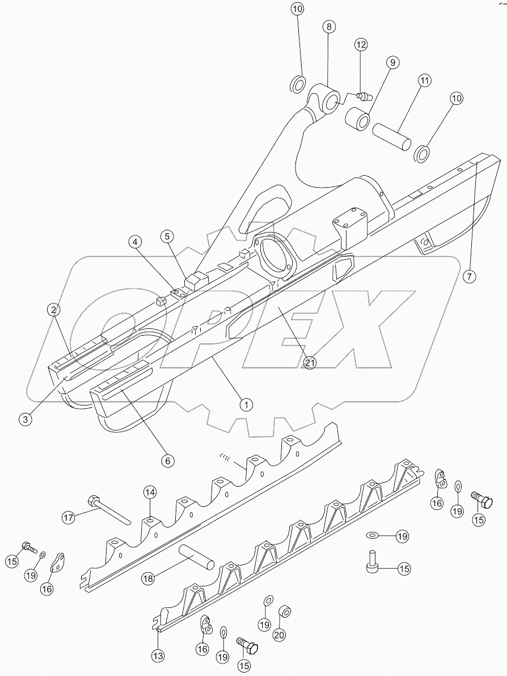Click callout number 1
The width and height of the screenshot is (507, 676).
pos(246,404)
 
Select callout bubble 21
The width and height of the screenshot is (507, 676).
pos(310,362)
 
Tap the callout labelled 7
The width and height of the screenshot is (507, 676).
pos(468,277)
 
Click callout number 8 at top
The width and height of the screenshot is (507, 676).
pos(329,27)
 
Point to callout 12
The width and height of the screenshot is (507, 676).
pos(361,44)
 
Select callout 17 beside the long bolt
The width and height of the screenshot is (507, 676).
pos(69,517)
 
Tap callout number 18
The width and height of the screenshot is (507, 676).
pos(147,578)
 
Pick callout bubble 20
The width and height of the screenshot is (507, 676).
pos(279,635)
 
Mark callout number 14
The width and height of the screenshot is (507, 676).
pos(149,492)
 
